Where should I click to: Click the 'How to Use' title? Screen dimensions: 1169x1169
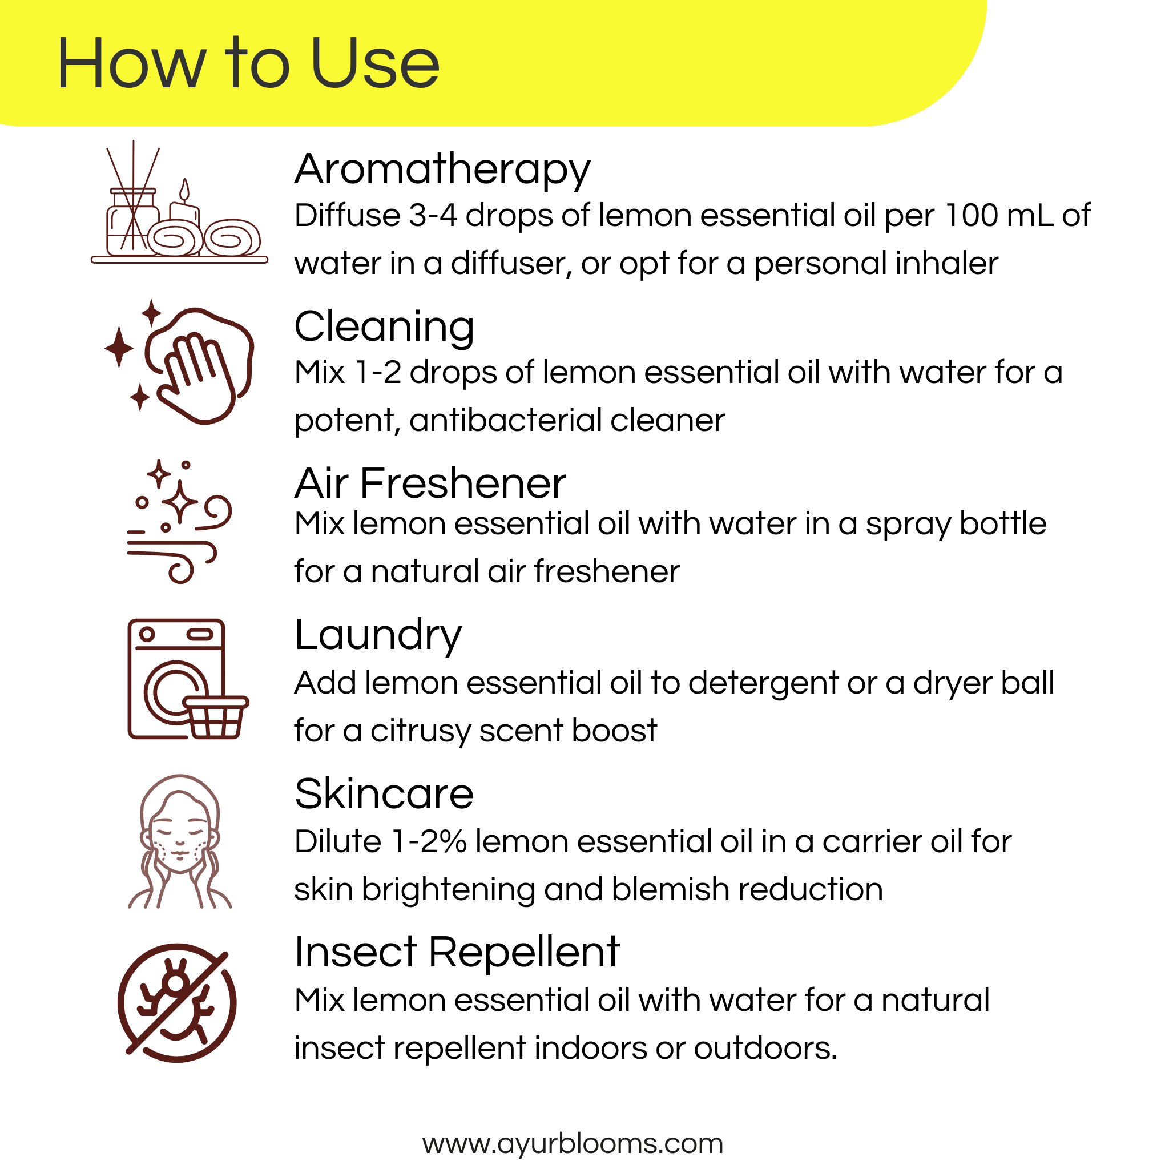tap(248, 63)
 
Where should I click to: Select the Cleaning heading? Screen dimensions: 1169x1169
tap(384, 326)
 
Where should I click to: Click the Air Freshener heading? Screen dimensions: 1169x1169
tap(430, 484)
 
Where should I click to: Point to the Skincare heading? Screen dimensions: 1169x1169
tap(384, 794)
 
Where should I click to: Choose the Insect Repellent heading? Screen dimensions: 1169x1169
tap(457, 953)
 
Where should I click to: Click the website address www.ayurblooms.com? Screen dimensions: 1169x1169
tap(573, 1143)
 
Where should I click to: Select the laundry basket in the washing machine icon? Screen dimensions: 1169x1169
tap(215, 717)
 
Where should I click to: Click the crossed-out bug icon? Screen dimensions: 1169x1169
tap(177, 1003)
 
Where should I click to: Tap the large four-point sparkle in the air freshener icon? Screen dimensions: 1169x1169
tap(179, 502)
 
